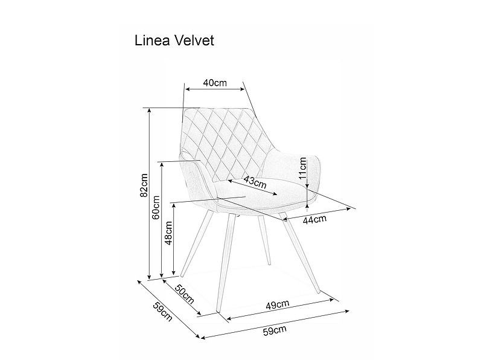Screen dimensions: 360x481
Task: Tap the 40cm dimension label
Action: (x=214, y=83)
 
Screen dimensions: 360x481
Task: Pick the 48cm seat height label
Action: (x=170, y=233)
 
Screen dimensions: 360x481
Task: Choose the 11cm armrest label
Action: (x=304, y=169)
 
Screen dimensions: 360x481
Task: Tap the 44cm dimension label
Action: (x=314, y=219)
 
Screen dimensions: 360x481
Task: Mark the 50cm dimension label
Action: (x=185, y=294)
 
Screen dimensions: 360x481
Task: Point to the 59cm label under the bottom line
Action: (x=275, y=330)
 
